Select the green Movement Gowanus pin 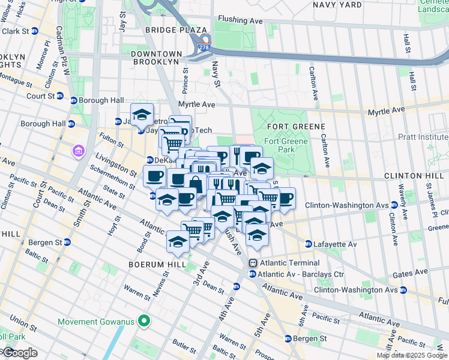[x=143, y=322]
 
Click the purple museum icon [x=79, y=150]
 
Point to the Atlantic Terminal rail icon [x=253, y=263]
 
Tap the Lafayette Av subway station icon [x=309, y=244]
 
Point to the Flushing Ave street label [x=241, y=20]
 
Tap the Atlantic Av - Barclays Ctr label [x=300, y=275]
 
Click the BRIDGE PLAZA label [x=175, y=29]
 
